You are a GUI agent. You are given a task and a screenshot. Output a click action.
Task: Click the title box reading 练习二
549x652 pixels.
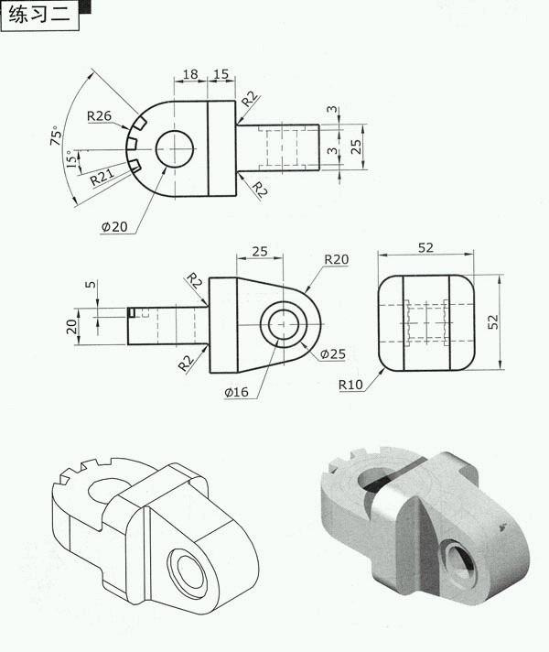(40, 16)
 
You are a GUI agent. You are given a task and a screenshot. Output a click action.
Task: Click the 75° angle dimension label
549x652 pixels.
(56, 136)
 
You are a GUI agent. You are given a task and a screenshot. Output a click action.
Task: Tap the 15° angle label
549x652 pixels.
(71, 158)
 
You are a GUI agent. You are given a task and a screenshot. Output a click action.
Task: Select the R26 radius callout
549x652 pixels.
(100, 116)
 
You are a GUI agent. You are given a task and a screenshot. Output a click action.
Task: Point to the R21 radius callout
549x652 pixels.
(102, 177)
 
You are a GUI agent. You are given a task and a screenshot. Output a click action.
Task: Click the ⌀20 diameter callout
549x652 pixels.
(114, 226)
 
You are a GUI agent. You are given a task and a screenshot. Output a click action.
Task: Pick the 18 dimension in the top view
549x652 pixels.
(190, 74)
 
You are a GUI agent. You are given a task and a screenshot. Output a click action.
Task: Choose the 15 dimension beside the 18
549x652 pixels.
(221, 74)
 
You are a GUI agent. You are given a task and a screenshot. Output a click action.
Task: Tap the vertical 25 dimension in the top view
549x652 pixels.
(356, 147)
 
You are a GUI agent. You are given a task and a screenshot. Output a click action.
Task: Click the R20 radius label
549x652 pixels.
(336, 259)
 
